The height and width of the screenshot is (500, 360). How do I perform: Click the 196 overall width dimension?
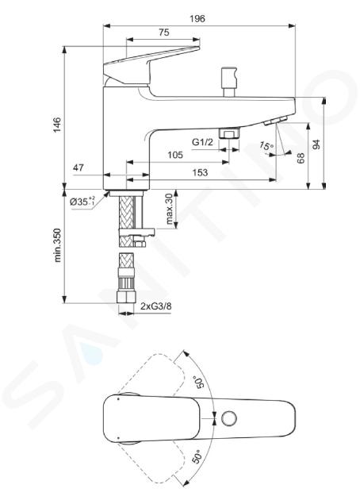197,18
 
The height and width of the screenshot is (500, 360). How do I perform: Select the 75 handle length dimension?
164,33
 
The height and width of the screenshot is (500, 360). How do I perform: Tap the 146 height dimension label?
57,125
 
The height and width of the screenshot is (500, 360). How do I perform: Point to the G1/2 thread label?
202,142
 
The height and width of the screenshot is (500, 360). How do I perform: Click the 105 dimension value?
175,155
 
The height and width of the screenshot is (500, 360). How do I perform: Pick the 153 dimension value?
200,172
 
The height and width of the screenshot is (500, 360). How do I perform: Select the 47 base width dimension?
79,167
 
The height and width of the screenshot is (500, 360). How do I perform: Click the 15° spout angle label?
266,146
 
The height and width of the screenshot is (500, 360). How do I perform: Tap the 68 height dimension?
301,158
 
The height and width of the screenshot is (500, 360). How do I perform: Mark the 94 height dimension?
316,144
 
